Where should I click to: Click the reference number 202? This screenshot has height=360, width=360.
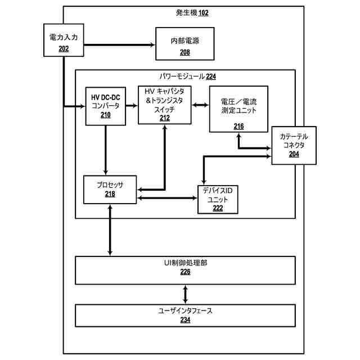coord(64,49)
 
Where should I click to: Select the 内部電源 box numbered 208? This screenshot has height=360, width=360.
coord(185,44)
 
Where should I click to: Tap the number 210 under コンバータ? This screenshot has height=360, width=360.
coord(106,115)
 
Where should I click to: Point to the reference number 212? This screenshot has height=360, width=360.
coord(165,118)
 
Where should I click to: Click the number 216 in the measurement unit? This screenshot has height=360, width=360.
coord(238,126)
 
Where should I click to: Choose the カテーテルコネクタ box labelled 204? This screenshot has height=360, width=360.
coord(294,145)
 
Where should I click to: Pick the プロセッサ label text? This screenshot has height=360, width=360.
coord(110,185)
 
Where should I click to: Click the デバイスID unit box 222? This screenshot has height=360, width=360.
coord(218,200)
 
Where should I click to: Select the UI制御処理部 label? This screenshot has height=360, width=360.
coord(185,263)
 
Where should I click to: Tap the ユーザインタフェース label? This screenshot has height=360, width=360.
coord(185,311)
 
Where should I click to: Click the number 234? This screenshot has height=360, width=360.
coord(185,320)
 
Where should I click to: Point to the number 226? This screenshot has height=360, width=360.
coord(185,272)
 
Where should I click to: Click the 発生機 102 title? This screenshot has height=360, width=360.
coord(192,12)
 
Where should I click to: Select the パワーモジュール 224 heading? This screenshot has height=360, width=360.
coord(188,76)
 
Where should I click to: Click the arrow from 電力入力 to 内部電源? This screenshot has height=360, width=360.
coord(119,45)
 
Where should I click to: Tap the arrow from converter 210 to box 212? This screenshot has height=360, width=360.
coord(132,106)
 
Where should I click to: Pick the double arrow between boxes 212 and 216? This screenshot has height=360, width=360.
coord(200,105)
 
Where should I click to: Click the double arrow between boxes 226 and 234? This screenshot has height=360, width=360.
coord(185,294)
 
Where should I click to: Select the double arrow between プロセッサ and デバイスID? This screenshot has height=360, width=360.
coord(167,198)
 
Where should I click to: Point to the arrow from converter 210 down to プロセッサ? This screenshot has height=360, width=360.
coord(106,150)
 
